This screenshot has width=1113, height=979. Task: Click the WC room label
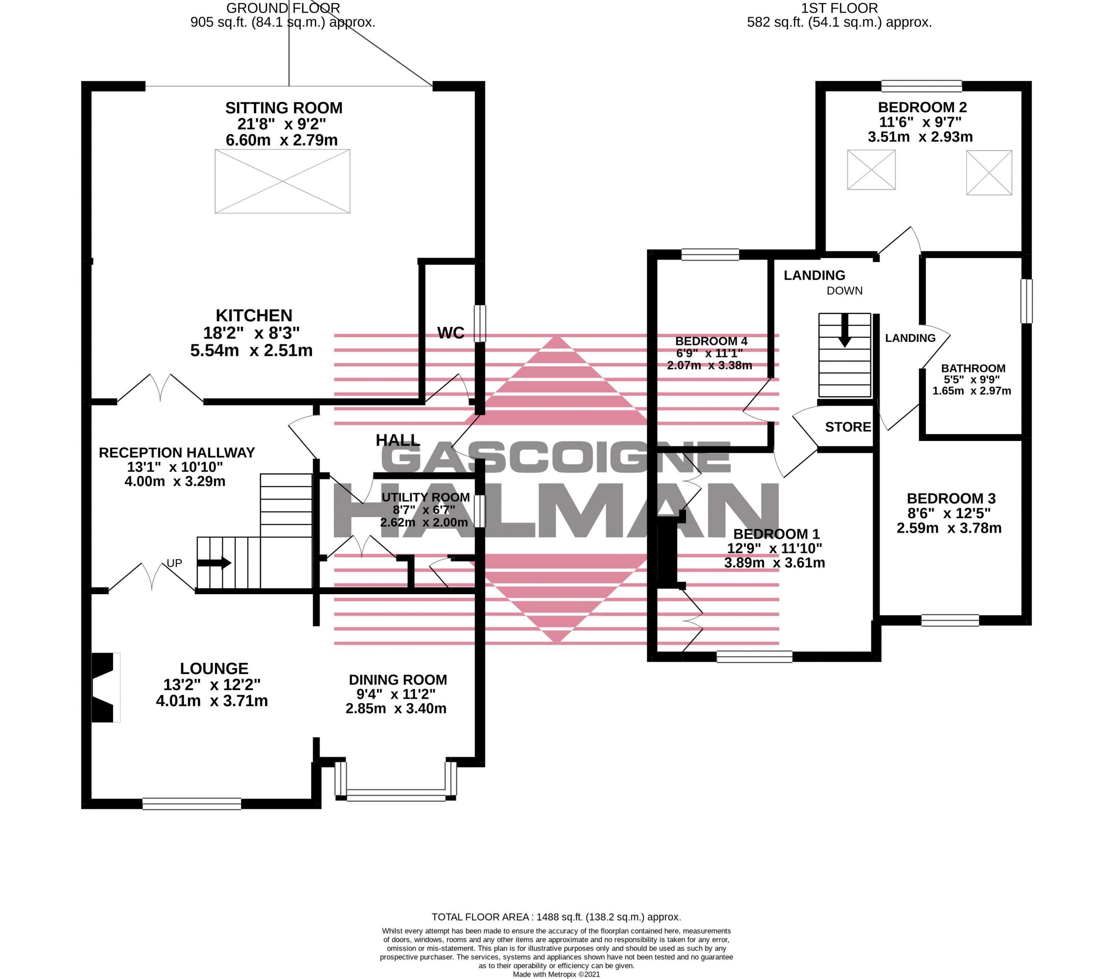[x=451, y=333]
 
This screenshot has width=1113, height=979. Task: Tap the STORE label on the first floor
[x=848, y=427]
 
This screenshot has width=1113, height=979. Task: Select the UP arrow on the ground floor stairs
[x=214, y=563]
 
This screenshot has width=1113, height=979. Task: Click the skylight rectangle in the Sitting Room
[x=283, y=181]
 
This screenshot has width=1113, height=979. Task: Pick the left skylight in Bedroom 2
[x=871, y=170]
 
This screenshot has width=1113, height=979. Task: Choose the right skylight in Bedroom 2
[x=989, y=173]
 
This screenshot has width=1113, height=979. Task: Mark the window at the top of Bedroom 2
[x=922, y=86]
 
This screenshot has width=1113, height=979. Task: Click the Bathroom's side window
[x=1026, y=301]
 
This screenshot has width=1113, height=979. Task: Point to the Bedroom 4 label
[x=711, y=341]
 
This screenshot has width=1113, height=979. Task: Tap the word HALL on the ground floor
[x=398, y=440]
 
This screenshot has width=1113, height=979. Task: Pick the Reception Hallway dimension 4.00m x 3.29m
[x=175, y=481]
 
